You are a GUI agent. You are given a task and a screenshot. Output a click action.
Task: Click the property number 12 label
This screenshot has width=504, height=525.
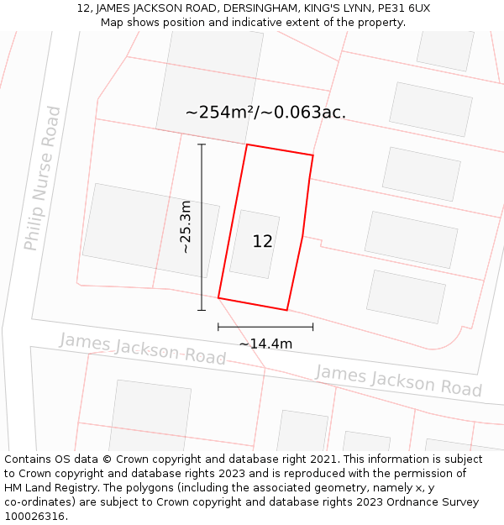pyautogui.click(x=263, y=242)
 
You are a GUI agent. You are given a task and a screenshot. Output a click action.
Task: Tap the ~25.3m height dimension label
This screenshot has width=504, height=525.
pyautogui.click(x=186, y=227)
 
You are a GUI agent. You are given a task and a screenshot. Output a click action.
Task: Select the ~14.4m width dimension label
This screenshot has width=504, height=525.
pyautogui.click(x=265, y=344)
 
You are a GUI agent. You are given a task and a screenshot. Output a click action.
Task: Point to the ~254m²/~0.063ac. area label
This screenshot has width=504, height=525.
pyautogui.click(x=265, y=113)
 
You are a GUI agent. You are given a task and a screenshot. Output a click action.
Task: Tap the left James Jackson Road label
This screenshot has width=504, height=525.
pyautogui.click(x=143, y=349)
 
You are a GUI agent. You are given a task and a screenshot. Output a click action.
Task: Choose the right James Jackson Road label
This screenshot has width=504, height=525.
pyautogui.click(x=398, y=380)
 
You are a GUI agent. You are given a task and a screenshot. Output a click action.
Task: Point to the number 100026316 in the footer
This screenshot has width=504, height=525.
pyautogui.click(x=36, y=517)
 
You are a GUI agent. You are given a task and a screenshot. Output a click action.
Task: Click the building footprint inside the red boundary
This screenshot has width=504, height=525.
pyautogui.click(x=254, y=244)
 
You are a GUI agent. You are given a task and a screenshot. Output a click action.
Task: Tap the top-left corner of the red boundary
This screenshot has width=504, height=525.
pyautogui.click(x=247, y=144)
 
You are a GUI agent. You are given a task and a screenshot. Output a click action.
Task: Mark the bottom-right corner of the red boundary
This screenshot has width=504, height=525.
pyautogui.click(x=287, y=310)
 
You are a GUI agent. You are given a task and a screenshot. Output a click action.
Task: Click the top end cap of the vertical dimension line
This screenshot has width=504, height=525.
pyautogui.click(x=202, y=144)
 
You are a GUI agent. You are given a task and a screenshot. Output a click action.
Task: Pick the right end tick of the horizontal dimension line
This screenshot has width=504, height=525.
pyautogui.click(x=313, y=327)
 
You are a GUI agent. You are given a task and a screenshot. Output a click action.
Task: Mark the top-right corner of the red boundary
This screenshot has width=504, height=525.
pyautogui.click(x=313, y=155)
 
